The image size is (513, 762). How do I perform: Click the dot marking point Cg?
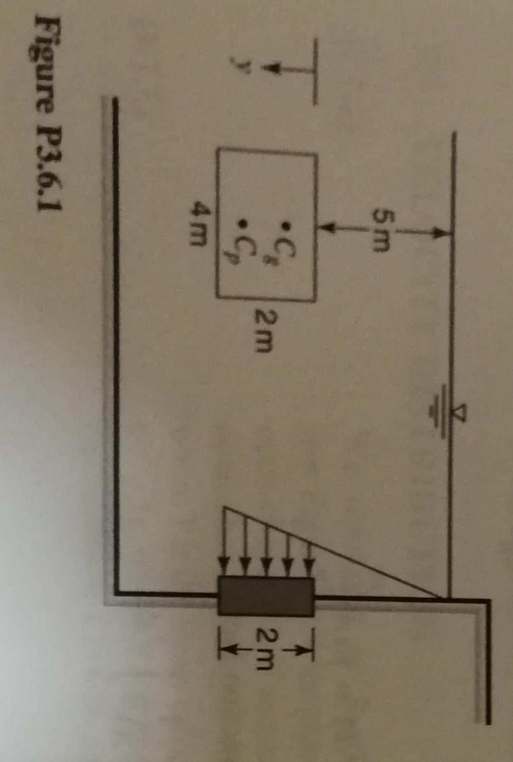click(x=286, y=224)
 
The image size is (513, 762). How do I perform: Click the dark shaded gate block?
click(x=266, y=596)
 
